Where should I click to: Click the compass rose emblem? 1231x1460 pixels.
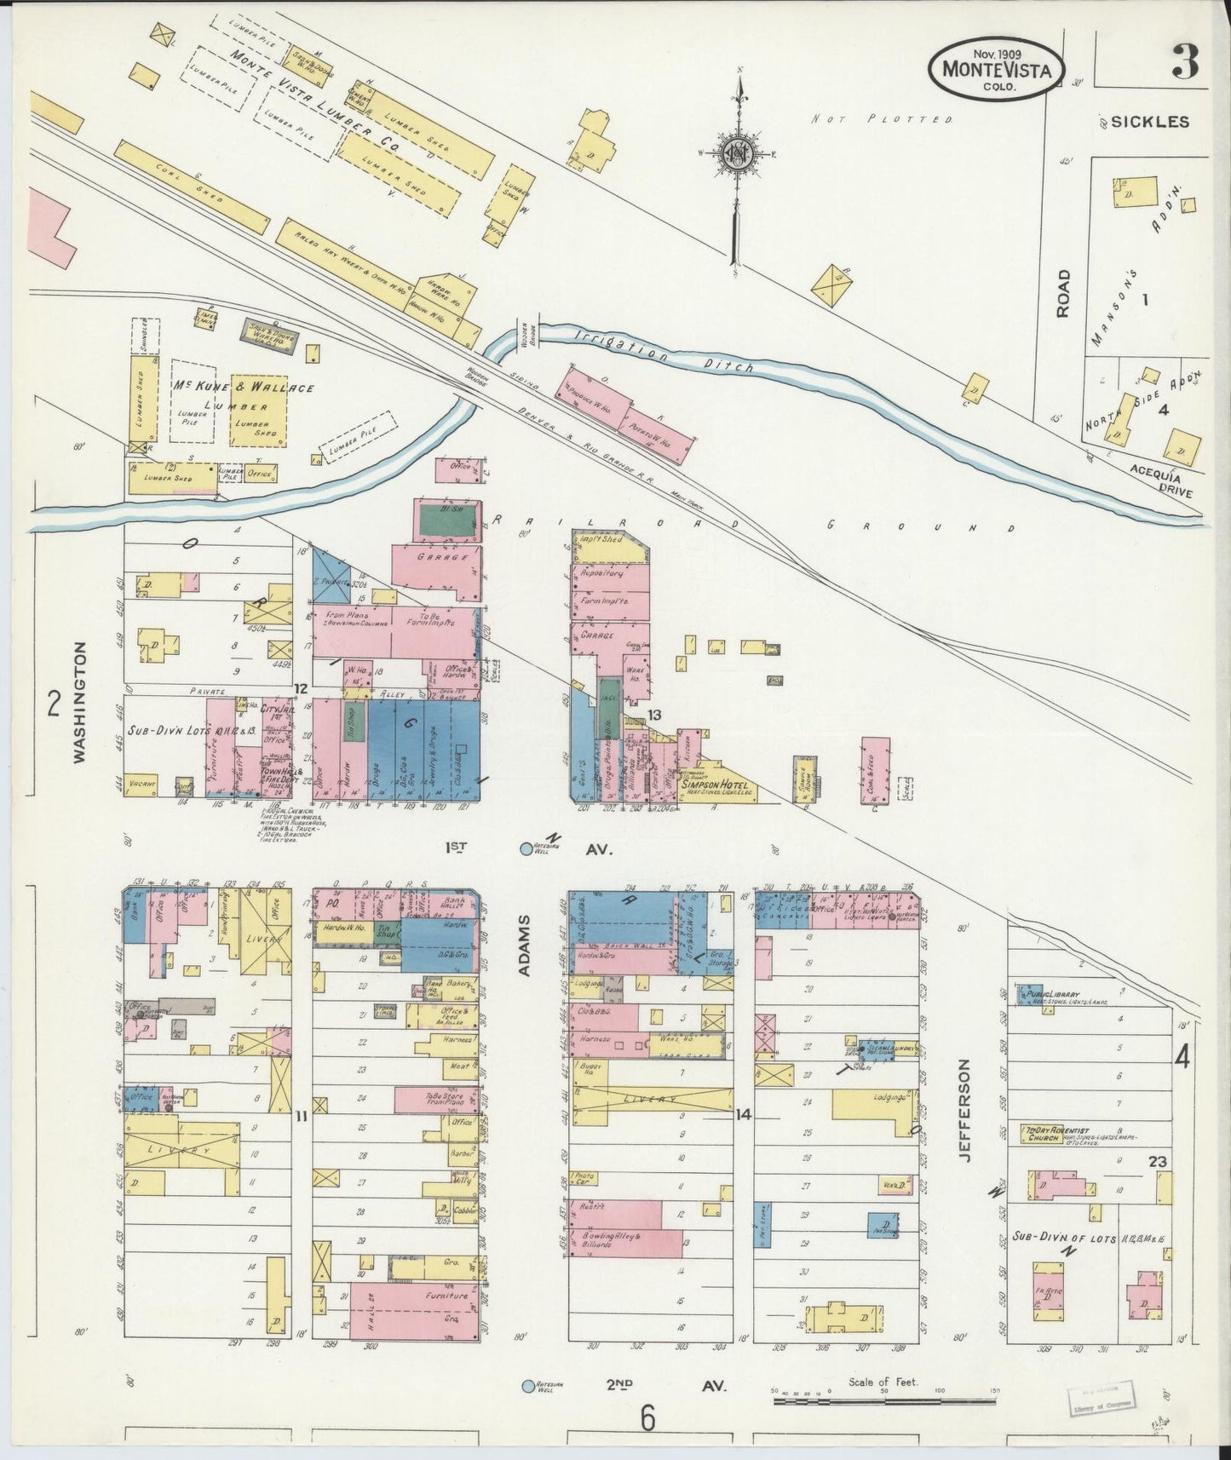(737, 155)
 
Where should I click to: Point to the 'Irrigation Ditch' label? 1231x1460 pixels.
(664, 351)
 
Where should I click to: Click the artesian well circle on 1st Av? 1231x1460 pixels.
(526, 848)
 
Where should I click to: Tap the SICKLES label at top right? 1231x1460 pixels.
(1149, 122)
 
